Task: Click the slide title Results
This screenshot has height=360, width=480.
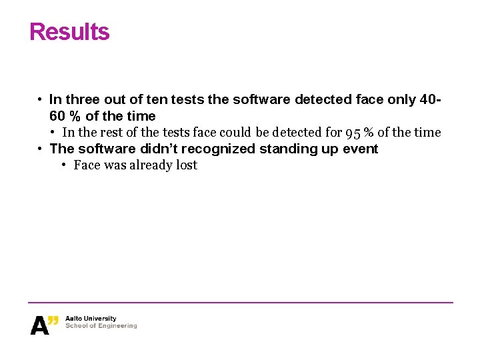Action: [x=69, y=32]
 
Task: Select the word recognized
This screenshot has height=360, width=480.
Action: [x=218, y=149]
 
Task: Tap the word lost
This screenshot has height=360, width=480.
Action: [x=187, y=165]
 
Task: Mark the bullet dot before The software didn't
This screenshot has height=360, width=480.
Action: [x=41, y=149]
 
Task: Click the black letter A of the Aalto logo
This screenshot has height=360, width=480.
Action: [x=39, y=325]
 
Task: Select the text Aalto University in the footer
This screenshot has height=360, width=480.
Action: [x=91, y=319]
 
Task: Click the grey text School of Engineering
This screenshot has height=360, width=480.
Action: [x=101, y=326]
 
